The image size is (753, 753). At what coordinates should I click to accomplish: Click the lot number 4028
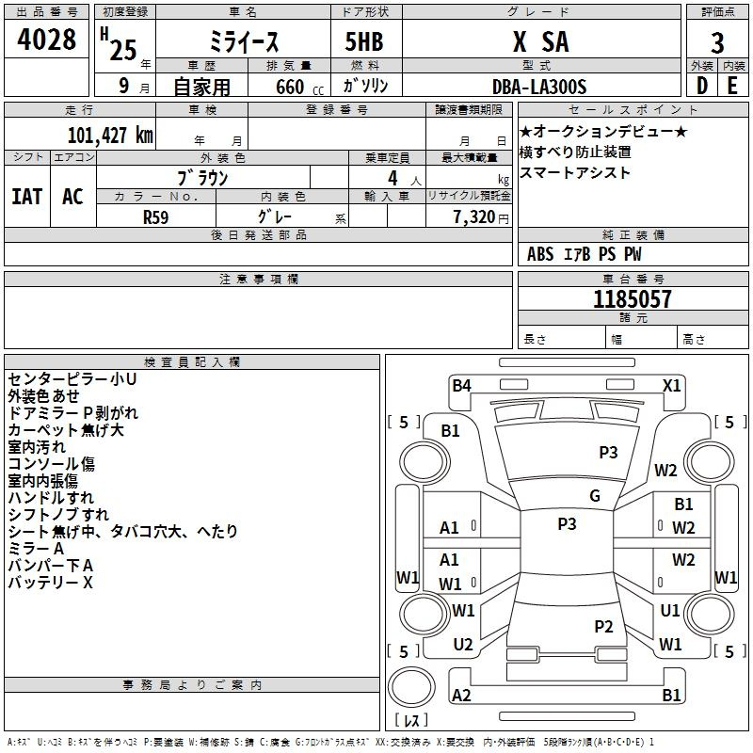pos(46,40)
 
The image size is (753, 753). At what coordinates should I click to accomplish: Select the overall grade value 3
pos(717,43)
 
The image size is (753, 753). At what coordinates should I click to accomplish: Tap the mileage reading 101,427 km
pos(110,136)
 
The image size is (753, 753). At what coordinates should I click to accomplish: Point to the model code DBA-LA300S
pos(539,87)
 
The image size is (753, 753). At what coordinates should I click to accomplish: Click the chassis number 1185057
pos(632,299)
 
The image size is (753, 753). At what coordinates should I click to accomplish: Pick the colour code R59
pos(155,217)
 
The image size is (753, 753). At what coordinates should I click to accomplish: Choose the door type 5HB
pos(364,41)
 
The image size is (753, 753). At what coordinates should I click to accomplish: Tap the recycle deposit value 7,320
pos(474,217)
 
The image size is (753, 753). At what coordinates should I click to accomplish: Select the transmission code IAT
pos(26,197)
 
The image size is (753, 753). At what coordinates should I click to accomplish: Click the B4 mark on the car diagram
pos(461,386)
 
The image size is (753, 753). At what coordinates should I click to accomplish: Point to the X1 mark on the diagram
pos(671,386)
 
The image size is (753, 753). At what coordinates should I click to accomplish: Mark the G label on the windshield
pos(595,496)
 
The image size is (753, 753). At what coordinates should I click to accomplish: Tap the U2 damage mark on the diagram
pos(463,645)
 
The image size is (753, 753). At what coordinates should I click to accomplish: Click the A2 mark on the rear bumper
pos(461,695)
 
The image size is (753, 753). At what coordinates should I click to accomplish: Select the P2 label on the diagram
pos(603,626)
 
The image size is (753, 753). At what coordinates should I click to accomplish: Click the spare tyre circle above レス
pos(411,687)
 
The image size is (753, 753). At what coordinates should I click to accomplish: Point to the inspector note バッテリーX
pos(51,583)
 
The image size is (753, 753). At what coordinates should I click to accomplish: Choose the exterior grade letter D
pos(702,86)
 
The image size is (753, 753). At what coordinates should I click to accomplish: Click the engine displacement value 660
pos(290,88)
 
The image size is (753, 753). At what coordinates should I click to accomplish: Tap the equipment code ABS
pos(540,254)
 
